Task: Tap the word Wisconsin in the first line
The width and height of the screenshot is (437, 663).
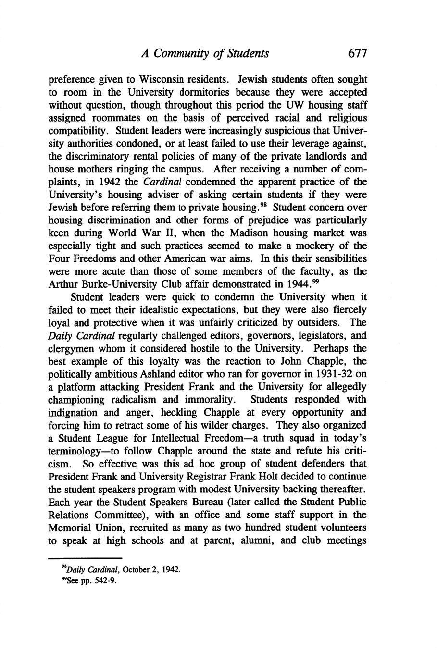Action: click(162, 79)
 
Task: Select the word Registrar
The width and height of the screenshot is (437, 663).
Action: click(237, 477)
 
